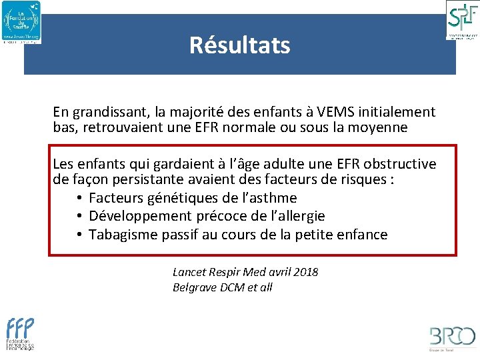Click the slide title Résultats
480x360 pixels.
(239, 45)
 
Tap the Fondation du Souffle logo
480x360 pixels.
(21, 22)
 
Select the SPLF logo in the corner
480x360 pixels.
(461, 19)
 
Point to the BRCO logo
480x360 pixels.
(452, 337)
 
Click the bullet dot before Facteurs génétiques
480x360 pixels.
(79, 199)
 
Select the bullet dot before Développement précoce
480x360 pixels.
(79, 217)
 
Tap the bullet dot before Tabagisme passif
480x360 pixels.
(79, 235)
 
